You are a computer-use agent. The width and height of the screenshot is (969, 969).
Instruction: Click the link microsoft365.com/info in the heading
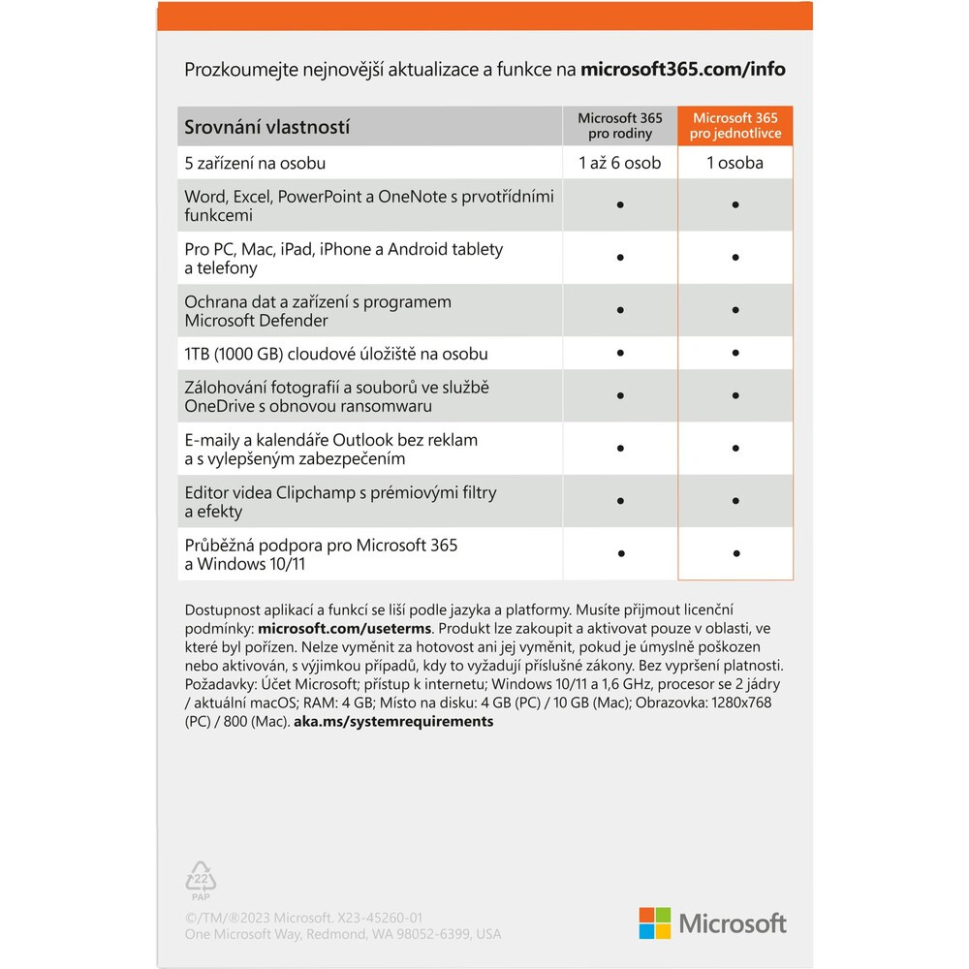[x=683, y=70]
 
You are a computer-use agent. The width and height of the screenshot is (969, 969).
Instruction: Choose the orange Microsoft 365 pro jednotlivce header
[x=735, y=126]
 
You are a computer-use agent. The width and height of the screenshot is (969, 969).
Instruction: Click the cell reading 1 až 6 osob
[x=620, y=163]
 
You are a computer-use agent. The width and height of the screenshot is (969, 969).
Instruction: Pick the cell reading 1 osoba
[x=735, y=163]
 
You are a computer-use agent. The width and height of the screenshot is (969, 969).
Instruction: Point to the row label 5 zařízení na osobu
[x=255, y=163]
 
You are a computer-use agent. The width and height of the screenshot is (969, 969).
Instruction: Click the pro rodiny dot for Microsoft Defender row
[x=620, y=311]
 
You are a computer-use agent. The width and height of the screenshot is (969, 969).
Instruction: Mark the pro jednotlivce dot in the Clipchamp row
[x=736, y=502]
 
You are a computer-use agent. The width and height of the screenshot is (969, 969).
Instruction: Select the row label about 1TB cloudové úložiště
[x=336, y=353]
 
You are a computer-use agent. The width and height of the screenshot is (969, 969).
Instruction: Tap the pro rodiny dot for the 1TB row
[x=620, y=353]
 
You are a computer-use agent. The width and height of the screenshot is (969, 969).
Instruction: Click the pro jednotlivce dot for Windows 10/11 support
[x=736, y=554]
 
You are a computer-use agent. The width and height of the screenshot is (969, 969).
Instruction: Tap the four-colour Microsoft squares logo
[x=655, y=922]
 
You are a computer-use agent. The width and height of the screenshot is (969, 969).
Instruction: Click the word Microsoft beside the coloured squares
[x=733, y=923]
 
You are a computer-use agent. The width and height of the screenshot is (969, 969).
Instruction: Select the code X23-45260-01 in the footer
[x=367, y=918]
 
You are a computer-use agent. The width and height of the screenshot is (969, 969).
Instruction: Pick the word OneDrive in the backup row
[x=219, y=406]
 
